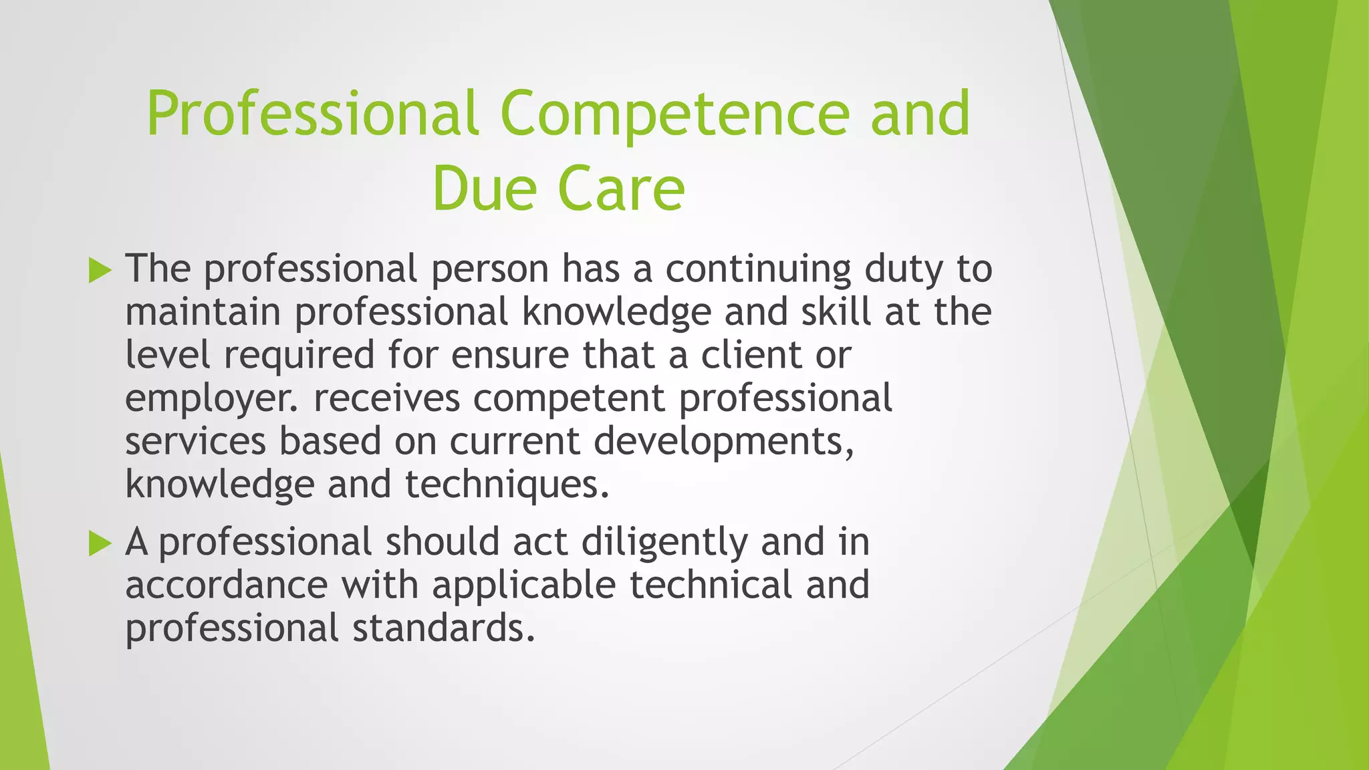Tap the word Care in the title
621,189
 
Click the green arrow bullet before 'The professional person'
100,270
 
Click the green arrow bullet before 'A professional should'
100,543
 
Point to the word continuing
758,269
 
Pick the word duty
903,269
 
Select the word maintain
203,312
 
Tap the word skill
836,312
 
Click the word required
299,356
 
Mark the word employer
208,399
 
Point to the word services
196,442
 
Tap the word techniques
507,485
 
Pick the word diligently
664,542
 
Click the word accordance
227,586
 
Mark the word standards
444,629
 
